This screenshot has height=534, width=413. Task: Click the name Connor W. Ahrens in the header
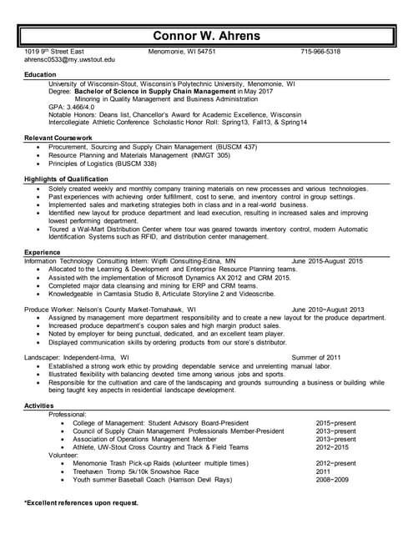207,35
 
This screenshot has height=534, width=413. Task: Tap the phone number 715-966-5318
320,52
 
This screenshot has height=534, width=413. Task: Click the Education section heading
41,75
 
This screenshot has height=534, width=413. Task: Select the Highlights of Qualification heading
66,179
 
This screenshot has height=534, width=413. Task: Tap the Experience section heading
43,251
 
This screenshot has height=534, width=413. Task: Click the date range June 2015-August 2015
327,261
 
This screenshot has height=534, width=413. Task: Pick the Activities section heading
40,406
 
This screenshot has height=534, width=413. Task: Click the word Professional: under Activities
68,415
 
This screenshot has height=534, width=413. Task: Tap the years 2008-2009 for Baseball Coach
332,480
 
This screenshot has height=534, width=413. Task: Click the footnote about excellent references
81,504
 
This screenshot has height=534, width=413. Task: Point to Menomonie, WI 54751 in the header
181,52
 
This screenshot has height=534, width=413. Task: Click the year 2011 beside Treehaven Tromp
324,471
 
